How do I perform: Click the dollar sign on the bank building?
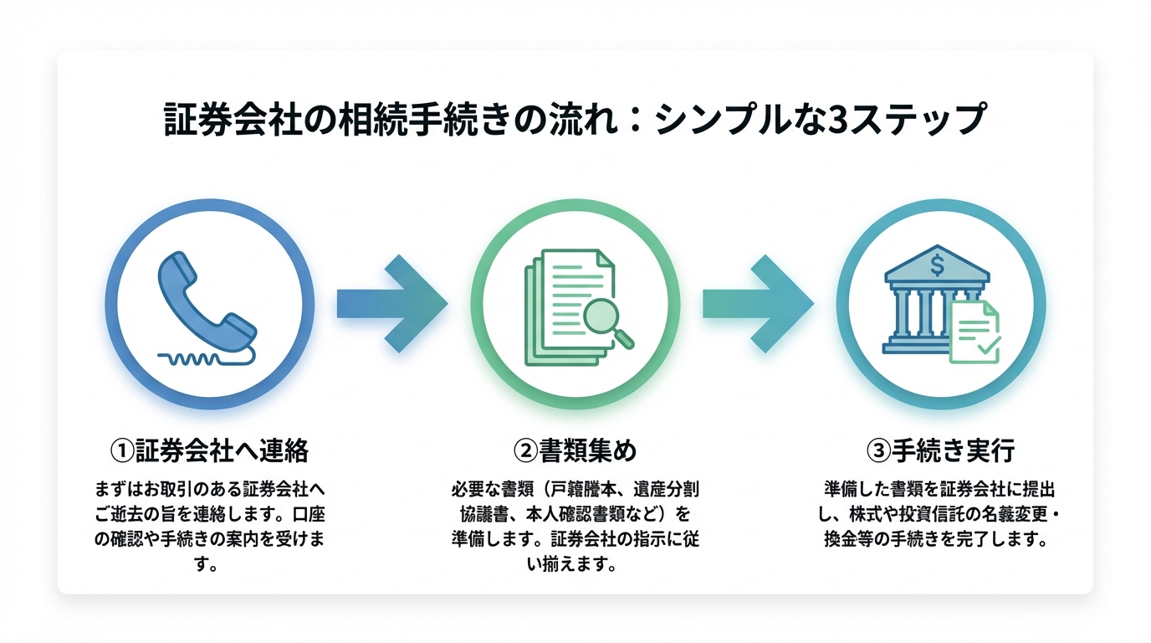pos(937,265)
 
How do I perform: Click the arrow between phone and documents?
pos(391,303)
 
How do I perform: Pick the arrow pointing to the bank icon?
pos(757,303)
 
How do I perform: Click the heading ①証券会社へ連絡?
pos(210,450)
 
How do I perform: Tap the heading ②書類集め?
pos(575,450)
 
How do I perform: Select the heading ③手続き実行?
pos(940,450)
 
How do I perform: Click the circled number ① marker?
pos(122,450)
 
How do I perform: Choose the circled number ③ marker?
pos(878,450)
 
